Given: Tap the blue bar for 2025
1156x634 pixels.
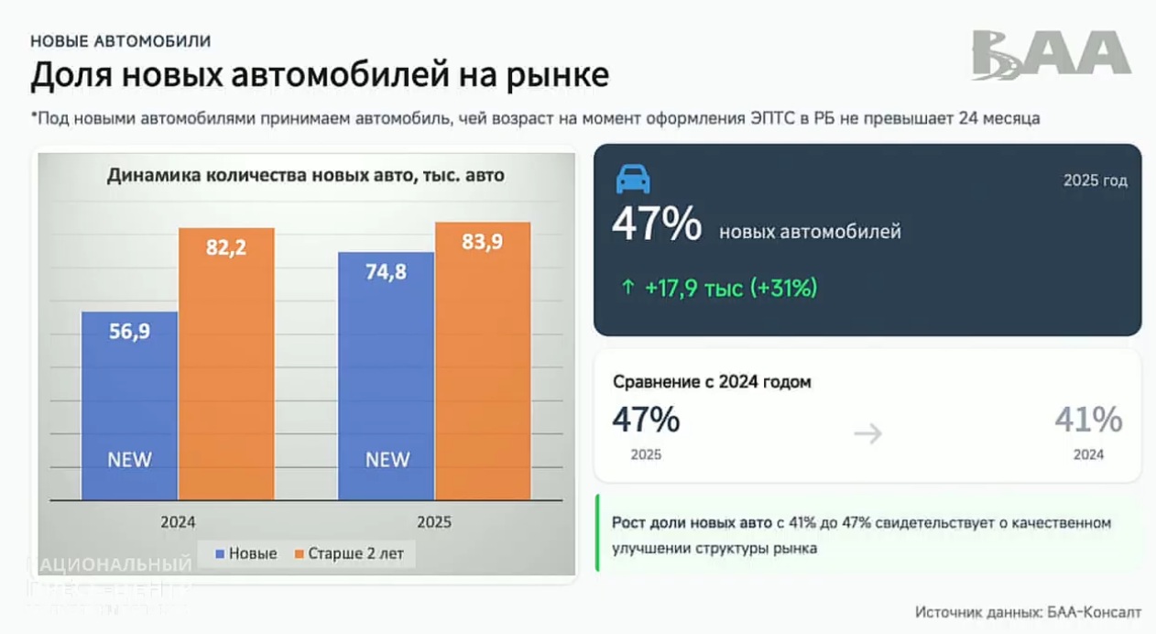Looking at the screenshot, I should [x=387, y=376].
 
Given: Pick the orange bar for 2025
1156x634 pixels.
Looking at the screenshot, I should [x=483, y=361].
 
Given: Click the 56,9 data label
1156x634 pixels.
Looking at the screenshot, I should [x=129, y=332].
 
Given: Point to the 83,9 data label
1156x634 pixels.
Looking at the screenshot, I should [x=483, y=243].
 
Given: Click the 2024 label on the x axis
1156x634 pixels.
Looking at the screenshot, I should [x=178, y=522].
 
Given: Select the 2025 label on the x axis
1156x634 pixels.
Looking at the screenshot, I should [x=434, y=522].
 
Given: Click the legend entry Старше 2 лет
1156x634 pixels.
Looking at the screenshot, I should [x=354, y=553].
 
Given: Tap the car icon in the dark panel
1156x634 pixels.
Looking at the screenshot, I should [x=633, y=180].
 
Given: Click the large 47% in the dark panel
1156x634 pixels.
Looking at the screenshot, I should [x=657, y=225].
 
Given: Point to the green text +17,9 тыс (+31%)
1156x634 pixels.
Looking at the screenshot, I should [x=719, y=288].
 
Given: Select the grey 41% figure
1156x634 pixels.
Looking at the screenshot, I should [x=1088, y=421].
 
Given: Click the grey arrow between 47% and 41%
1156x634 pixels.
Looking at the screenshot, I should [x=867, y=433].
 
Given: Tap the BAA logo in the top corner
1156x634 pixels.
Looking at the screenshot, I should [x=1051, y=54].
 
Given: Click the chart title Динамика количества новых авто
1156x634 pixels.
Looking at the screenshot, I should [x=305, y=175].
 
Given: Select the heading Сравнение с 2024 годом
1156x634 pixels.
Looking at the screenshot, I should [x=712, y=382].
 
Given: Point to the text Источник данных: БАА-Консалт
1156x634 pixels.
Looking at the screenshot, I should [x=1028, y=612].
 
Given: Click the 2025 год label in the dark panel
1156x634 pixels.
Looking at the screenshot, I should [x=1095, y=180].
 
